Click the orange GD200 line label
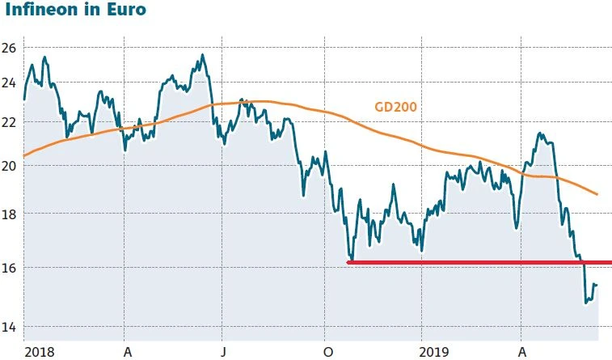394,107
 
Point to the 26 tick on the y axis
10,48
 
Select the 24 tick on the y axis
10,83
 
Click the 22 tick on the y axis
10,121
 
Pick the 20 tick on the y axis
10,165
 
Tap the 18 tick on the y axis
10,214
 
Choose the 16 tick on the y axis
10,267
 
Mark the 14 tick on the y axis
10,327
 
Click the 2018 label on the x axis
38,352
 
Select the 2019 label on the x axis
434,352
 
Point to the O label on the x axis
327,352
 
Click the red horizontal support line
477,262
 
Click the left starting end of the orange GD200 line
24,155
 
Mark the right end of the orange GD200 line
597,194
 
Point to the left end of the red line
348,262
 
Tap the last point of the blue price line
597,284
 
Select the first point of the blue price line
24,100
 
